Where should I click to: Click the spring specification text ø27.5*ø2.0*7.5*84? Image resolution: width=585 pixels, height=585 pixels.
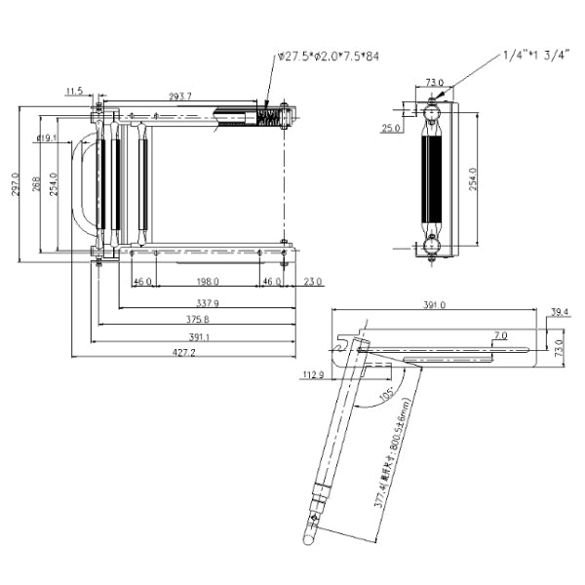[x=328, y=57]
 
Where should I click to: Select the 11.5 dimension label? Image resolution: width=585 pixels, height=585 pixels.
[x=75, y=92]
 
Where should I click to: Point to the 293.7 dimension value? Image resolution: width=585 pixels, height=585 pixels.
[x=180, y=97]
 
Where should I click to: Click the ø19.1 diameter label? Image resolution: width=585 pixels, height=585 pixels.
[x=46, y=138]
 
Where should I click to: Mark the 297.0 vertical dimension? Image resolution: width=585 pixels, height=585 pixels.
[x=15, y=182]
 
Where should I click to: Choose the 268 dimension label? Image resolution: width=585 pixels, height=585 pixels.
[x=34, y=182]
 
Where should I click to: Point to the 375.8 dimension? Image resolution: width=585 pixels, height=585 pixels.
[x=199, y=319]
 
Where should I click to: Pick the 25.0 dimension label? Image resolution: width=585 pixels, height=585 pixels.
[x=392, y=128]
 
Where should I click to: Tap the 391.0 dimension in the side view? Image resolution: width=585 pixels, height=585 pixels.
[x=434, y=305]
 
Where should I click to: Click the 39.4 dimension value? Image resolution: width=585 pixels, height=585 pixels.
[x=559, y=312]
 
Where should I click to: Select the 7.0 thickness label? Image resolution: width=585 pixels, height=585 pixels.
[x=500, y=335]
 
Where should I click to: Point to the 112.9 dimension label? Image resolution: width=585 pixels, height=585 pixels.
[x=313, y=374]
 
